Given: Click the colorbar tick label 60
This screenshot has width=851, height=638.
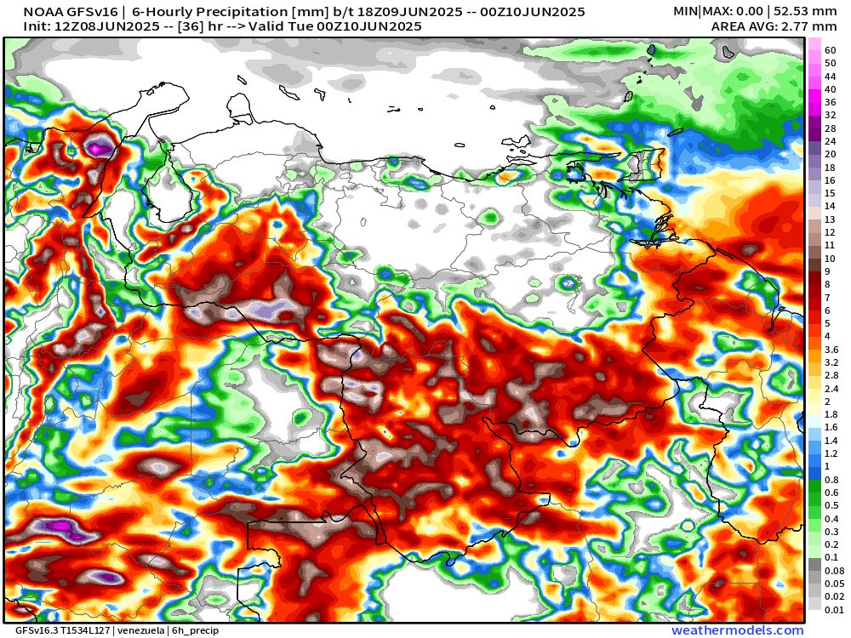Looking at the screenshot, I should (x=830, y=50).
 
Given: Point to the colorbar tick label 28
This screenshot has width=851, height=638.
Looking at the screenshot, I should (x=830, y=128).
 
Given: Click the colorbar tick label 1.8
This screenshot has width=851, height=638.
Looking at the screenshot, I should (x=831, y=414).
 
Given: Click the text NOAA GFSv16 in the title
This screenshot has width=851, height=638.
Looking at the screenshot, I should (x=62, y=12).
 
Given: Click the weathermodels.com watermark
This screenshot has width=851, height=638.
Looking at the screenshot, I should (x=737, y=630).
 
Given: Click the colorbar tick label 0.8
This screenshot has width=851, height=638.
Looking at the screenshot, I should (x=831, y=480).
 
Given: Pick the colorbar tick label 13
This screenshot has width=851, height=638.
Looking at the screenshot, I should (x=830, y=219).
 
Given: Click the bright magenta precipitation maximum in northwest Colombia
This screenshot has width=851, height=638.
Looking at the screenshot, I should (x=100, y=148).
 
